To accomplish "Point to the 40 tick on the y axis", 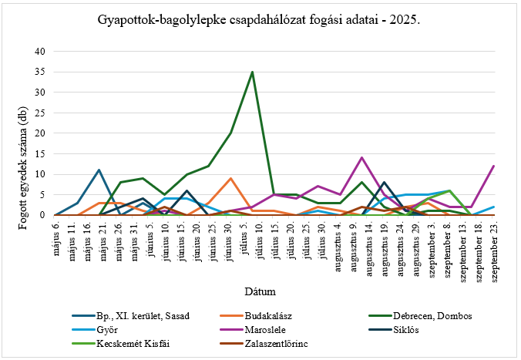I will [40, 52].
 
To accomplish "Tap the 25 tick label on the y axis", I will [40, 113].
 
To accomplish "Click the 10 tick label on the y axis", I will [40, 174].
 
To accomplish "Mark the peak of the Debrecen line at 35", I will [252, 72].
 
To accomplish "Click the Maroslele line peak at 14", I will [361, 157].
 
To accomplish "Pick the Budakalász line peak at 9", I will [230, 178].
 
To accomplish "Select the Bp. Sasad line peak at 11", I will [99, 170].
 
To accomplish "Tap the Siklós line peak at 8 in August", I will [384, 182].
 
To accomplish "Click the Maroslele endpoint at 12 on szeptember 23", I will [493, 166].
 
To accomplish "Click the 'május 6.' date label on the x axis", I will [55, 232].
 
